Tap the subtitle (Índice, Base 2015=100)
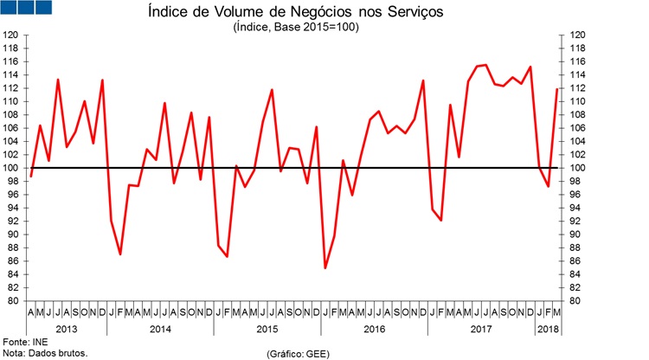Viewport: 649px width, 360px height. point(296,28)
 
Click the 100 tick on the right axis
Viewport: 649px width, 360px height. point(578,168)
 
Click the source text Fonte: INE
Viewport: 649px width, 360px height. point(25,342)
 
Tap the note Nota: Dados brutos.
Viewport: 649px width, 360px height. point(45,353)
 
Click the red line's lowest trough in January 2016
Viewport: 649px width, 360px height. point(325,267)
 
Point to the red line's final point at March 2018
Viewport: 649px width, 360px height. point(557,89)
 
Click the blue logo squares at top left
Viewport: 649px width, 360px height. point(27,8)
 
